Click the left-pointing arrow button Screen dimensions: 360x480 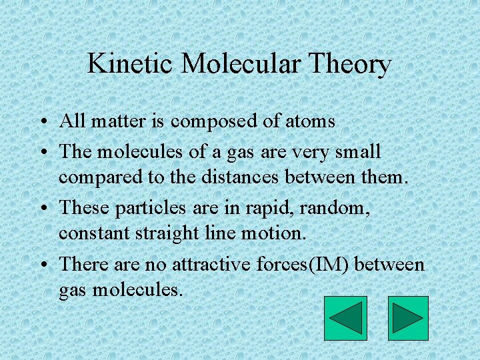tap(345, 319)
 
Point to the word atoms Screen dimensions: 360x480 tap(310, 121)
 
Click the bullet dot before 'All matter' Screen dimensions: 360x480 tap(42, 123)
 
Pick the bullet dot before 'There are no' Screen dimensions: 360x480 tap(42, 265)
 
